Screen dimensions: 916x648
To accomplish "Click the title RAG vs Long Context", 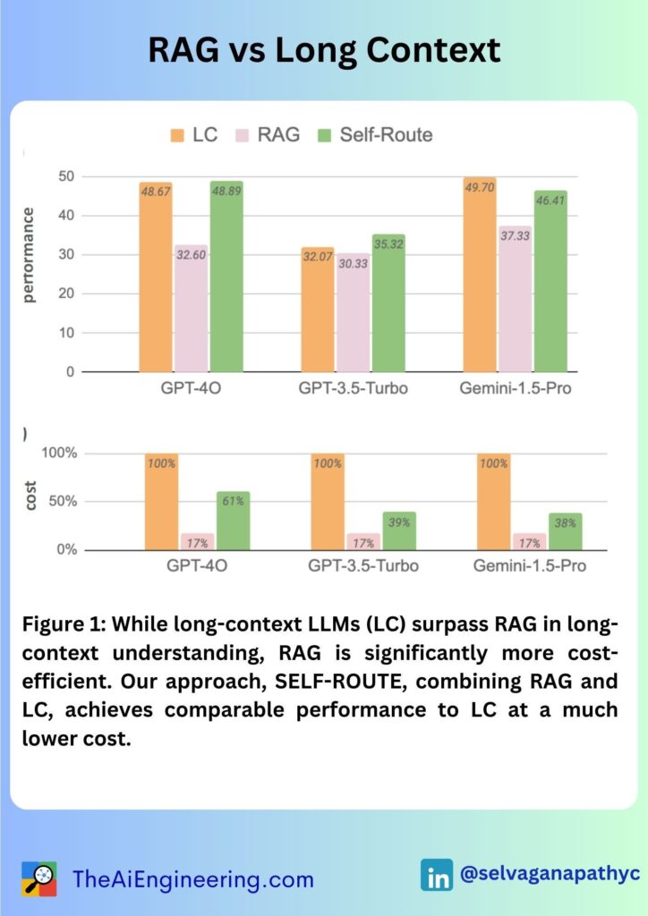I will (x=324, y=50).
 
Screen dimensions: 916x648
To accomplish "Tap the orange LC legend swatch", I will (x=176, y=134).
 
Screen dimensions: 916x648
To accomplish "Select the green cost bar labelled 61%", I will (x=233, y=521).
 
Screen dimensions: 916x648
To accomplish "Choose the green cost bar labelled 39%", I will (x=400, y=530).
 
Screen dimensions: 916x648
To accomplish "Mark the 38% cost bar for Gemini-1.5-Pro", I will (x=566, y=531).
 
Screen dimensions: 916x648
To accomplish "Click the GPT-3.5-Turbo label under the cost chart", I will (x=363, y=566).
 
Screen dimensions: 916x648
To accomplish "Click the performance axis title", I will (x=30, y=255).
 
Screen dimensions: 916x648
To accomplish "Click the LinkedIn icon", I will (x=437, y=874).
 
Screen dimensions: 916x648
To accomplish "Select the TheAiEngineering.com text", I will (x=193, y=879).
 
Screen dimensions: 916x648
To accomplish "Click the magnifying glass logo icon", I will (x=38, y=878).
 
